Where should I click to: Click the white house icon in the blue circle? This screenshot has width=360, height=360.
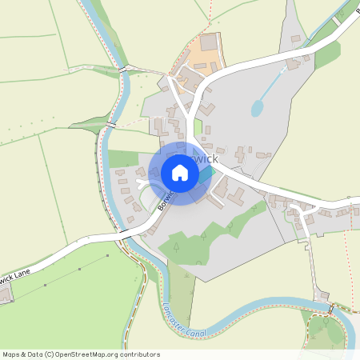tap(180, 173)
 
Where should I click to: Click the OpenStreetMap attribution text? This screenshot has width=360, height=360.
tap(81, 354)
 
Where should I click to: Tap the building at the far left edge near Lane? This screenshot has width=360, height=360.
tap(4, 295)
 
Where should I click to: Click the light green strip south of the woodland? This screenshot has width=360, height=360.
tap(182, 296)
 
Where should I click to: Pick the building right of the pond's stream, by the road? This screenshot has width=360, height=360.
tap(297, 62)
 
